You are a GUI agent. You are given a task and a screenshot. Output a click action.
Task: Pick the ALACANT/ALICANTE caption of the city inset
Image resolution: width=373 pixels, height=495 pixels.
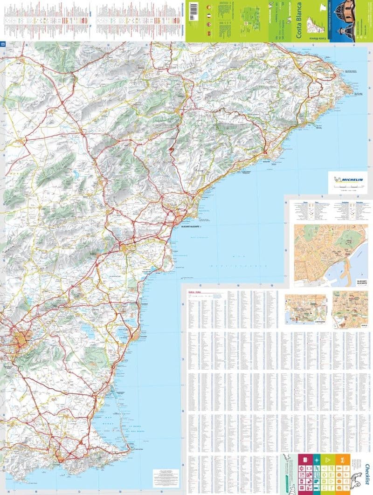tap(362, 282)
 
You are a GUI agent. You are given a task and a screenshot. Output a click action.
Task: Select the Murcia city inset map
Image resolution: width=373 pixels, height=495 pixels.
tap(350, 309)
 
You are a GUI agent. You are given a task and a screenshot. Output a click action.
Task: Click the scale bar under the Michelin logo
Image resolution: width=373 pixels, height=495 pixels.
tap(346, 186)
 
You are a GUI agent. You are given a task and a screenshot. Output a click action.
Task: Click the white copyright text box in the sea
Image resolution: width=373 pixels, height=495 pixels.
tap(166, 478)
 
